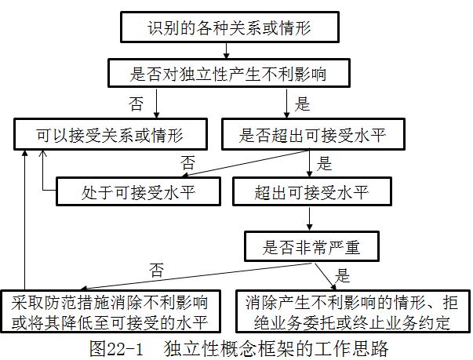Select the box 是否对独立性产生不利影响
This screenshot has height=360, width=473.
coord(227,75)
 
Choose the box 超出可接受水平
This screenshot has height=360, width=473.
coord(312,190)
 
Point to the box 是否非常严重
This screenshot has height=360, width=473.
coord(311,246)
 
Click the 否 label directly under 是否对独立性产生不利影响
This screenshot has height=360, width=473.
coord(135,103)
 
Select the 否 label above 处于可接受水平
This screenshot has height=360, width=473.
coord(187,162)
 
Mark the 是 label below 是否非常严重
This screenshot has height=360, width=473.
coord(342,275)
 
